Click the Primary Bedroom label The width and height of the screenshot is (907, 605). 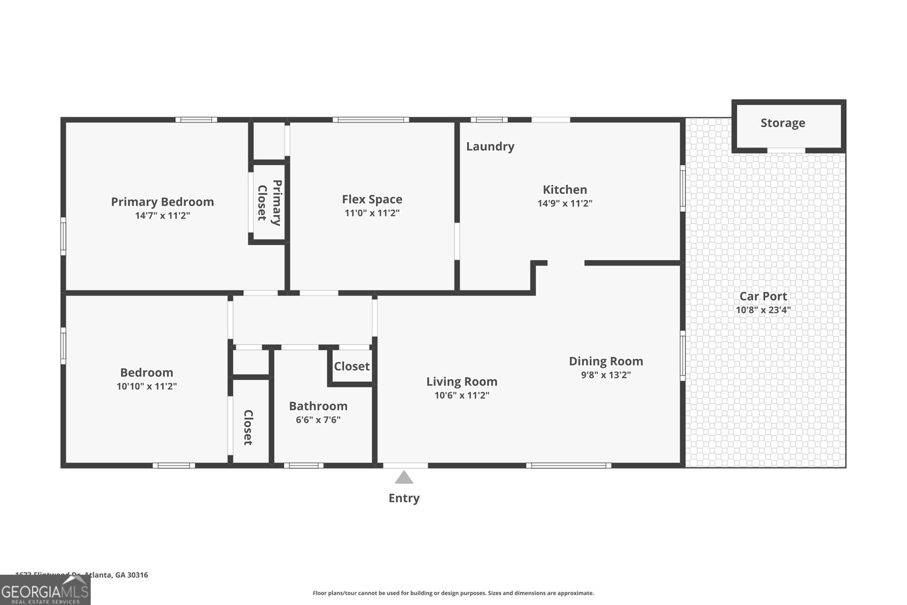[162, 202]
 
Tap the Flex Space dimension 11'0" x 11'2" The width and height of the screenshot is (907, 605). [372, 213]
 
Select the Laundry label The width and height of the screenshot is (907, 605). [490, 146]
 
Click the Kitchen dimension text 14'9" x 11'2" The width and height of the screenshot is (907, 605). [565, 204]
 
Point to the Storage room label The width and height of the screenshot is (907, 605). [782, 123]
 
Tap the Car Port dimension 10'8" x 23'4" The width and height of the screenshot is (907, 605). [763, 310]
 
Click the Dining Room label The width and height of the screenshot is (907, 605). [605, 361]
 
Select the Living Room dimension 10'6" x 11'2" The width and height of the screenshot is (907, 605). [461, 396]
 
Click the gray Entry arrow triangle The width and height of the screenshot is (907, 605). [404, 477]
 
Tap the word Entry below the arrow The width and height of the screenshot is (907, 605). [404, 498]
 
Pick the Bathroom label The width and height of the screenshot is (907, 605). [318, 406]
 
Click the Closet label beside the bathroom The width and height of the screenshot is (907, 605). [351, 366]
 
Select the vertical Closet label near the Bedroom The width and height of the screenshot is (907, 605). [248, 428]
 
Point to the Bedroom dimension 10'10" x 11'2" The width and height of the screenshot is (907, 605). [146, 387]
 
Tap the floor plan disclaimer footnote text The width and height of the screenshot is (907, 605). [453, 593]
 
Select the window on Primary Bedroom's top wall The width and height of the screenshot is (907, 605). [196, 120]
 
